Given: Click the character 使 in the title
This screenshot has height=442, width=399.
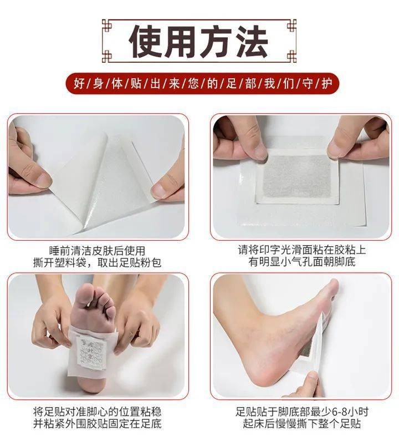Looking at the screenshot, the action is click(146, 42).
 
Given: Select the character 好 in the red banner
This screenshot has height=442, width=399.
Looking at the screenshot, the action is click(79, 84).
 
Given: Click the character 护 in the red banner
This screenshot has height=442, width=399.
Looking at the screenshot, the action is click(327, 84).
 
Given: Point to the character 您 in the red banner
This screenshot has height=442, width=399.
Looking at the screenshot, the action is click(193, 84).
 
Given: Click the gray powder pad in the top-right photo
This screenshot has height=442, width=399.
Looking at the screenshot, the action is click(297, 176).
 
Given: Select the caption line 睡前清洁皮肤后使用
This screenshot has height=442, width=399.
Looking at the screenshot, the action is click(97, 251).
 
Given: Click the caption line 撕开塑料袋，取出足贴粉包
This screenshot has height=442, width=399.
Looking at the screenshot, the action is click(97, 263).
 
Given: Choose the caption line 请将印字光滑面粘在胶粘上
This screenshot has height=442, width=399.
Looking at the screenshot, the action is click(302, 250).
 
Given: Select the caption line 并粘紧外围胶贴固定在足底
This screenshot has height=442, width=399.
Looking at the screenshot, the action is click(98, 424).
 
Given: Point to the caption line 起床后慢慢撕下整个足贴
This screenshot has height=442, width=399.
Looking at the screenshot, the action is click(302, 424).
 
